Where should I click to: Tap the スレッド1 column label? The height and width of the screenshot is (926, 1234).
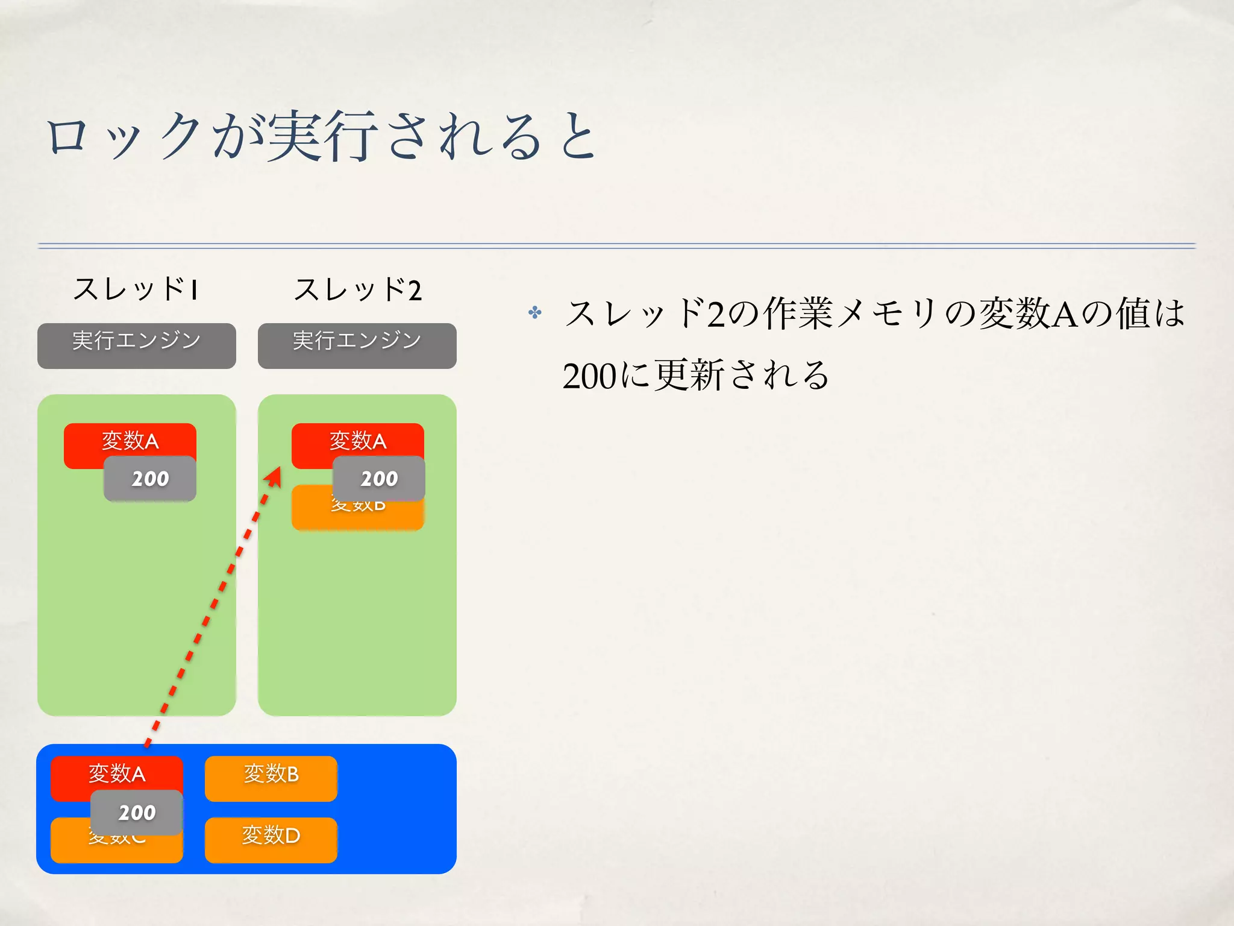coord(136,289)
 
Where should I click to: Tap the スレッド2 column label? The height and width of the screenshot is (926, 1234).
coord(357,289)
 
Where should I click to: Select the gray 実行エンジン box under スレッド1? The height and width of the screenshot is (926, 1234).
coord(137,345)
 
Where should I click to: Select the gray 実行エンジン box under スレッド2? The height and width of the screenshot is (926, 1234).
coord(357,345)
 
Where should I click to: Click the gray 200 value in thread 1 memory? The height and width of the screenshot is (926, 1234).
coord(150,479)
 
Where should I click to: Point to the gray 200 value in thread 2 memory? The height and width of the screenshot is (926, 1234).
coord(379,479)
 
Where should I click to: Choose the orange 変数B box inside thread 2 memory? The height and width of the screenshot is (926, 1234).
coord(357,515)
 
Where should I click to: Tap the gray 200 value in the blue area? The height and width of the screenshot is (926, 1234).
coord(137,813)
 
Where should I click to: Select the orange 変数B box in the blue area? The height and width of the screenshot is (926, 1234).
coord(271,778)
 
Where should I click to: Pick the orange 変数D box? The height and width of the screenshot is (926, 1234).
coord(271,840)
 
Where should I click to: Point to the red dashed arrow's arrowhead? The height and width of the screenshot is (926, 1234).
coord(274,476)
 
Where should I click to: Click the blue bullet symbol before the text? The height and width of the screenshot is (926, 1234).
coord(534,312)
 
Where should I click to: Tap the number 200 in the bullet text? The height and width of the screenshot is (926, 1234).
coord(589,376)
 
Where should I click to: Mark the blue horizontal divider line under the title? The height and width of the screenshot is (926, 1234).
coord(616,245)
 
